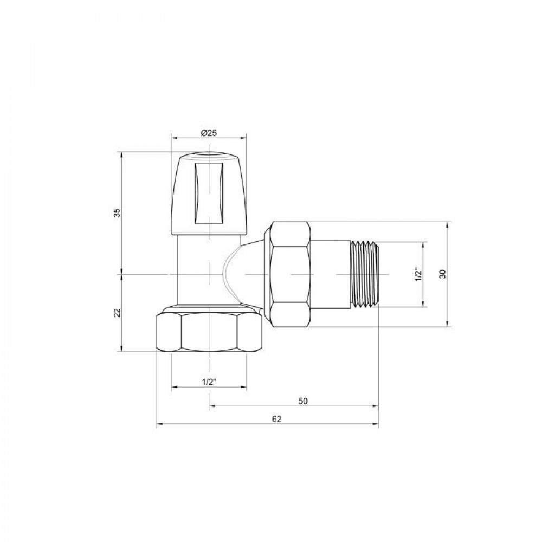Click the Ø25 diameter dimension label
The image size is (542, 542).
(209, 133)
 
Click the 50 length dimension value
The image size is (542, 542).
(303, 401)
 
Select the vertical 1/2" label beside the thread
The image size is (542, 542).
(417, 274)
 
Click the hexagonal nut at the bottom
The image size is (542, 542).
(209, 332)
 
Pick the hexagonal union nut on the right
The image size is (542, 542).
(290, 274)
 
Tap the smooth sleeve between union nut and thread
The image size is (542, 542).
(331, 274)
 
